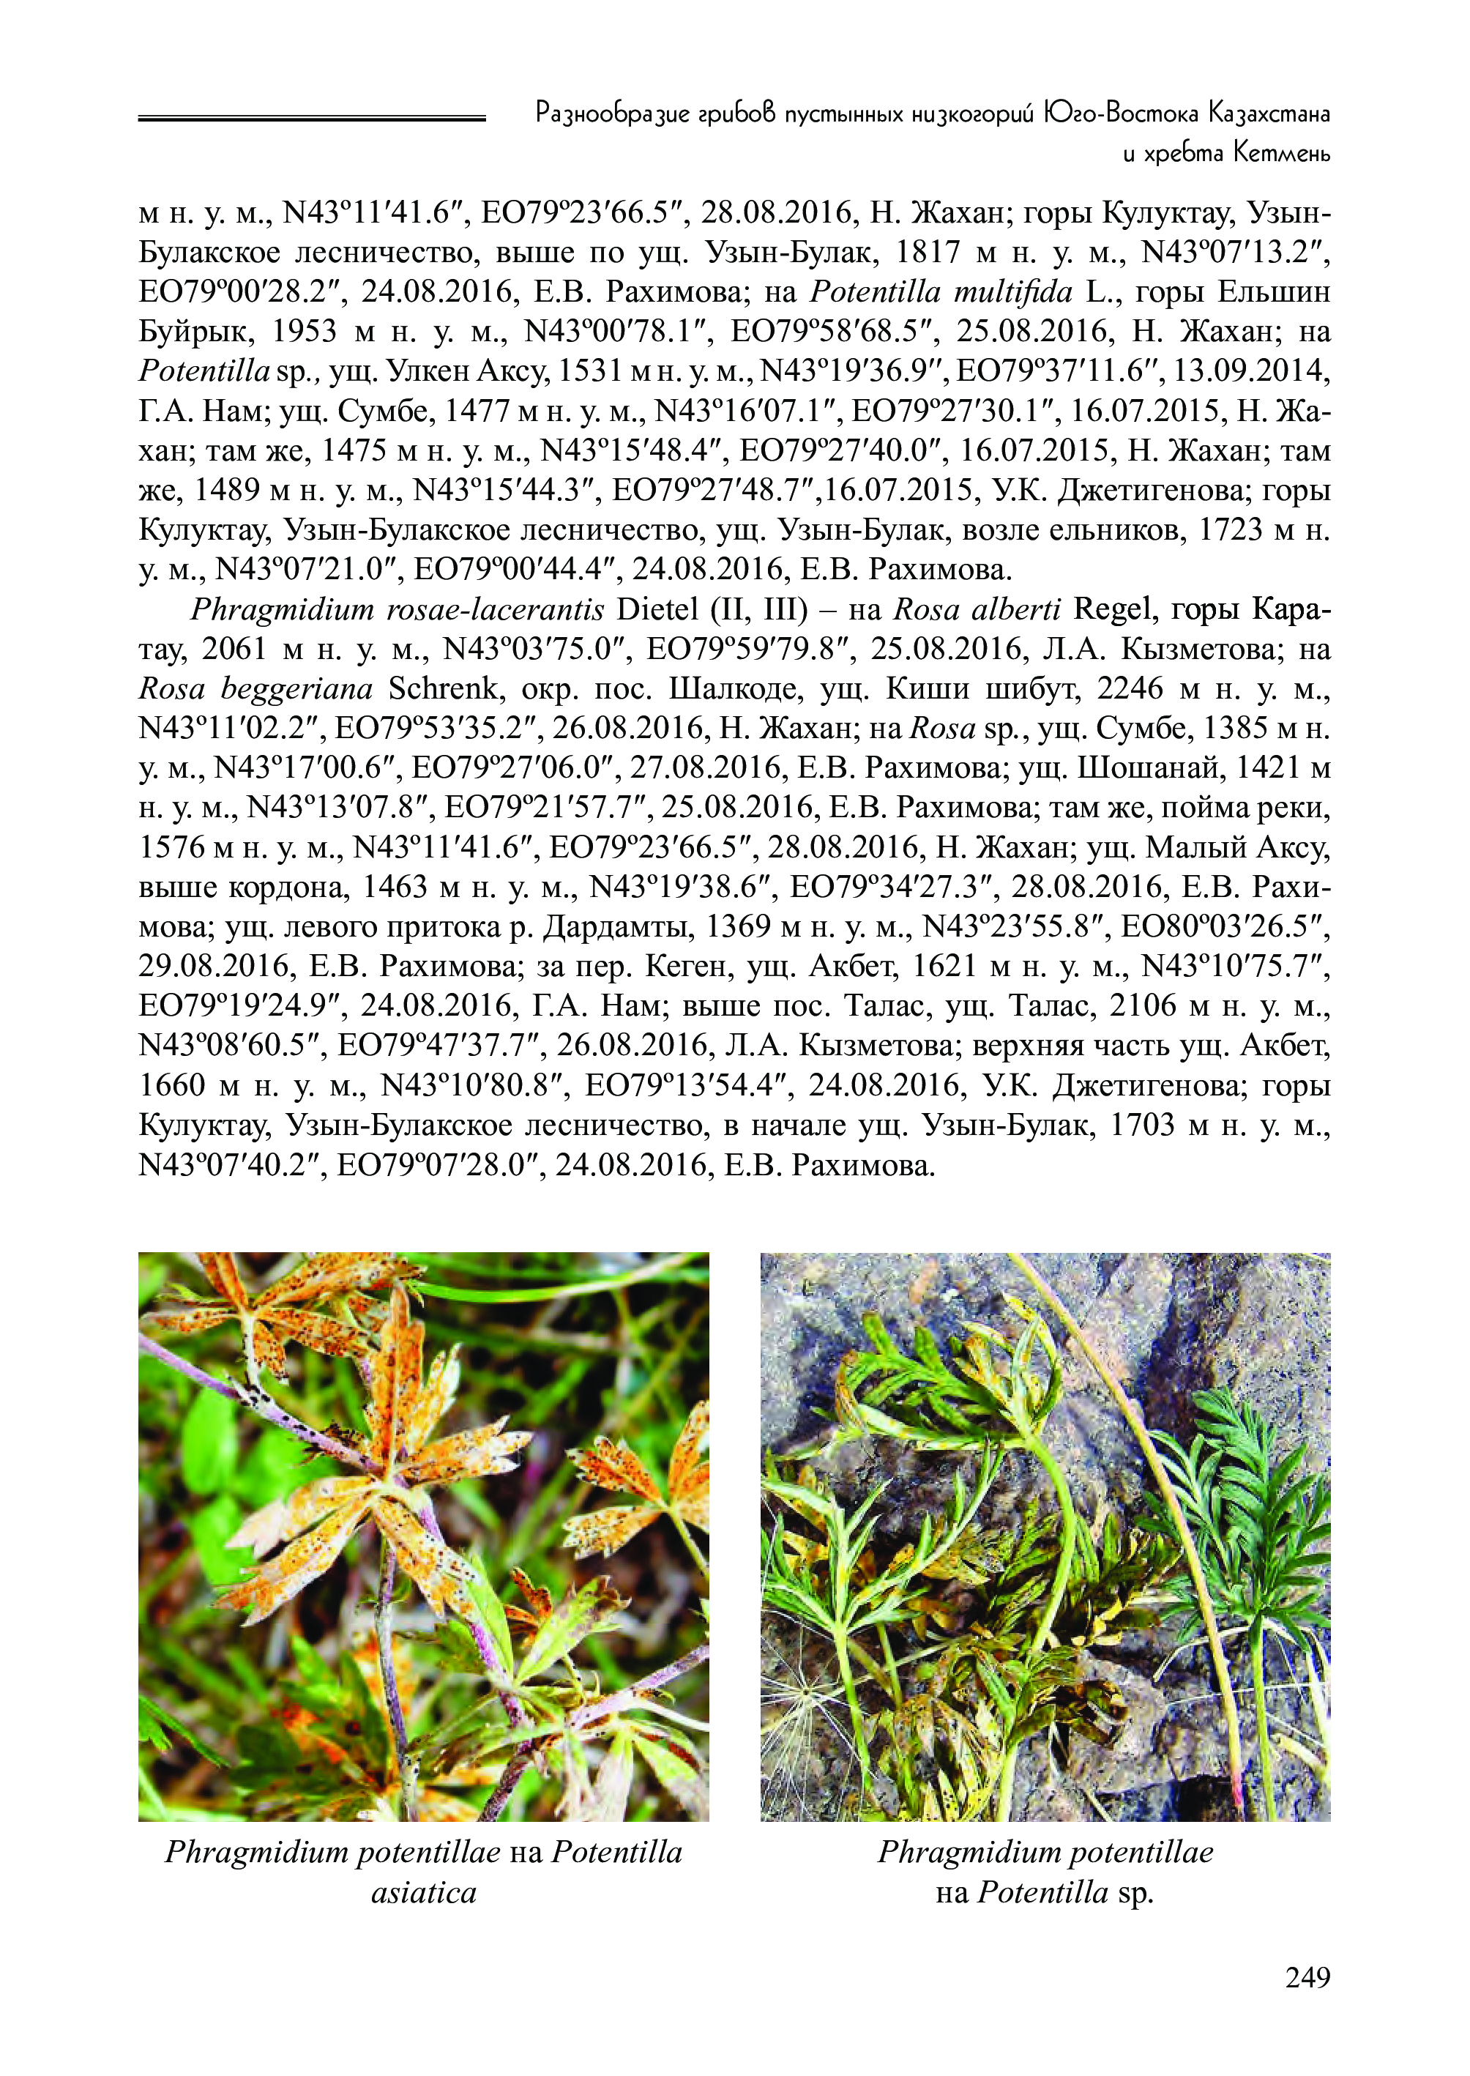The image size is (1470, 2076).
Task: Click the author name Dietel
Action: click(x=655, y=610)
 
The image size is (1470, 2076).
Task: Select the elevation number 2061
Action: click(x=234, y=650)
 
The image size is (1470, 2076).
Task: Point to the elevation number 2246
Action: click(x=1130, y=690)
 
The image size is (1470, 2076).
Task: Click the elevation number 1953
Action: click(x=304, y=332)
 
